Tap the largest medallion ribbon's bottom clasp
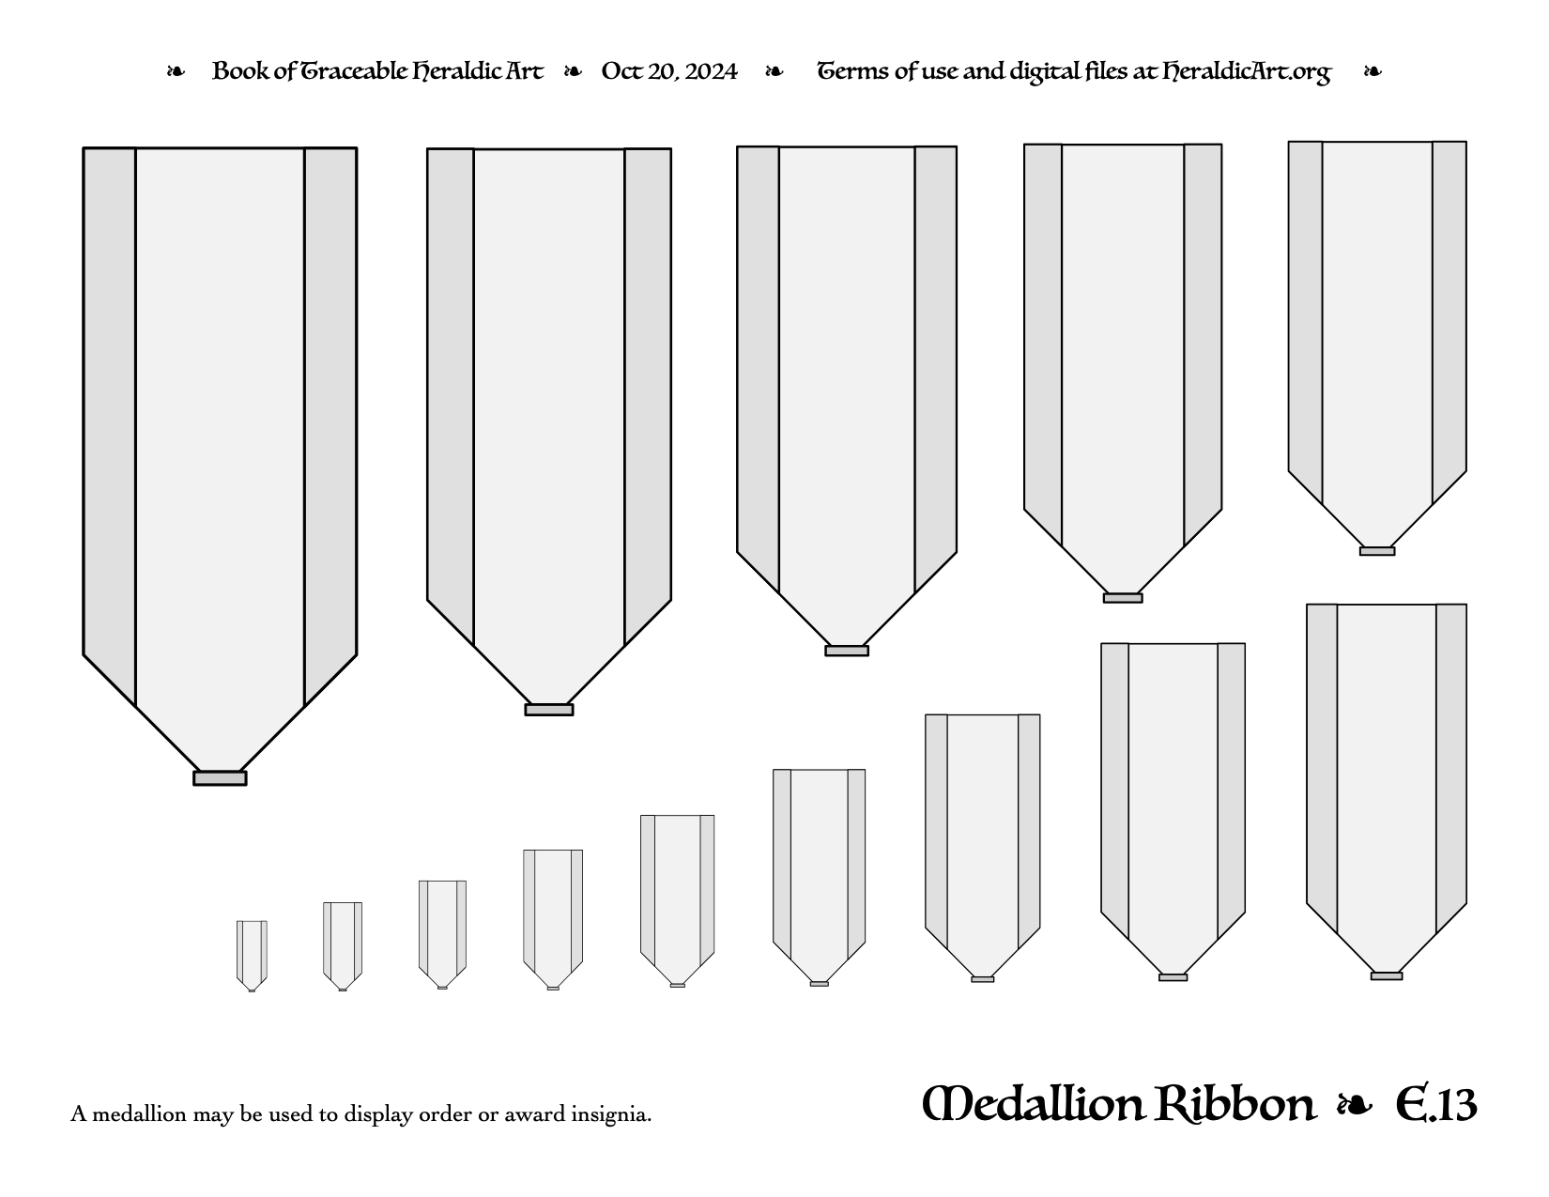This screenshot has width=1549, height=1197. (x=220, y=777)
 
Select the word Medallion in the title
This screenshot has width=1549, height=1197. (x=1119, y=1104)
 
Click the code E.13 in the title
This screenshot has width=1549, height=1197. (x=1435, y=1104)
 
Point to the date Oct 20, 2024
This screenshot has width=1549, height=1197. (x=669, y=71)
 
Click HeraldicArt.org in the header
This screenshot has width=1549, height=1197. (x=1247, y=72)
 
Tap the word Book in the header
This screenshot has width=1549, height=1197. (x=240, y=71)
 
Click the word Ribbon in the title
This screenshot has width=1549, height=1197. (x=1235, y=1104)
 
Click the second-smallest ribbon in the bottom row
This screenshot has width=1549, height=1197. (x=343, y=946)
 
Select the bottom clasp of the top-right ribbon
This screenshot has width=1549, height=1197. (x=1377, y=551)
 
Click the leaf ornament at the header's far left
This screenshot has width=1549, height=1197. (x=176, y=71)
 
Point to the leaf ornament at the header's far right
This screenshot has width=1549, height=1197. (x=1373, y=71)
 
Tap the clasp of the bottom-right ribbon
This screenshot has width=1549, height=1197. (x=1387, y=976)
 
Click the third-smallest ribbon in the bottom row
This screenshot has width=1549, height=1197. (x=443, y=935)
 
